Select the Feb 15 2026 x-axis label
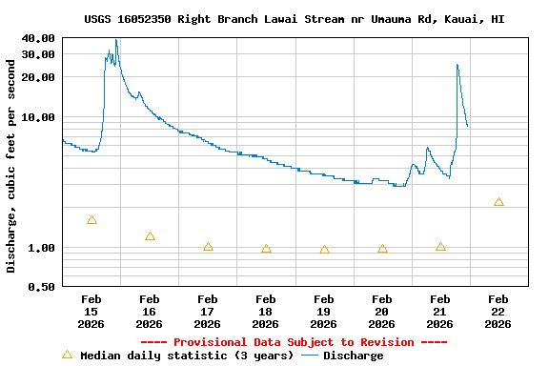coord(91,312)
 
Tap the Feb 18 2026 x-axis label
coord(266,312)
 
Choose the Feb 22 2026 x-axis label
coord(498,312)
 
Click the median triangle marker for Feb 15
coord(91,220)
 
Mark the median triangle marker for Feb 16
coord(150,236)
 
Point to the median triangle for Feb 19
coord(324,250)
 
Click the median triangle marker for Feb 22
coord(498,202)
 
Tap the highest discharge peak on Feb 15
coord(116,40)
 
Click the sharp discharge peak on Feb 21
coord(457,65)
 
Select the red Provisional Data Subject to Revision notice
coord(294,342)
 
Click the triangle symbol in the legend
coord(67,355)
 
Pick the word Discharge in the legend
coord(353,356)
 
